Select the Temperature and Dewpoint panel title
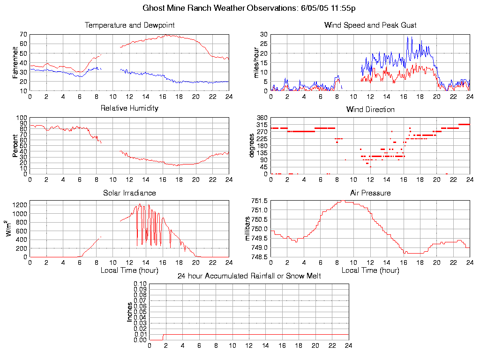tap(129, 25)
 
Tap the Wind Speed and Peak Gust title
tap(370, 25)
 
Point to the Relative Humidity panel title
tap(129, 108)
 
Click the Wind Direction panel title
tap(370, 109)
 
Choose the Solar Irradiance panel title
tap(129, 193)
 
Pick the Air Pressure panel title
tap(370, 193)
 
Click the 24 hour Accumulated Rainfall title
tap(249, 276)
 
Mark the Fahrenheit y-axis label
tap(15, 62)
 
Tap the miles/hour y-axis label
tap(256, 62)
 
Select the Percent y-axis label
tap(15, 146)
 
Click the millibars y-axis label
tap(249, 229)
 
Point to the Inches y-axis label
tap(129, 312)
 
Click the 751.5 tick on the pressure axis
tap(260, 201)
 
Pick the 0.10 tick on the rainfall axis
tap(141, 284)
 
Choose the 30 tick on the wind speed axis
tap(264, 34)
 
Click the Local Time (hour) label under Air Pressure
tap(370, 270)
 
